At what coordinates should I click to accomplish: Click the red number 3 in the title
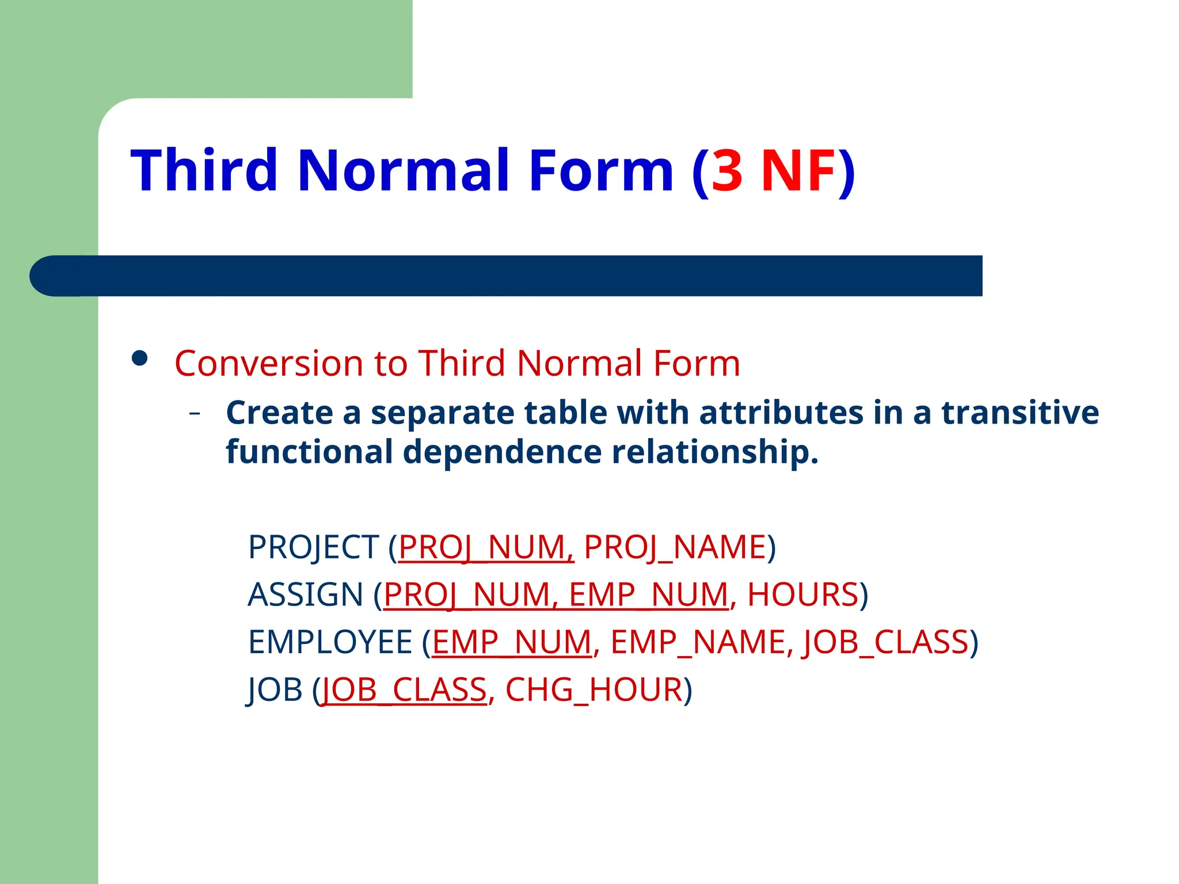[x=727, y=172]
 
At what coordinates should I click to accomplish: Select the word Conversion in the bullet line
[x=269, y=363]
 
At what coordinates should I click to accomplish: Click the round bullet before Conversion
[x=139, y=359]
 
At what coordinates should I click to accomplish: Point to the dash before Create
[x=195, y=413]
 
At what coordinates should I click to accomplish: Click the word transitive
[x=1020, y=413]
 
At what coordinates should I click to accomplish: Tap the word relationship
[x=714, y=451]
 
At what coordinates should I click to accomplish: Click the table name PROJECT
[x=313, y=547]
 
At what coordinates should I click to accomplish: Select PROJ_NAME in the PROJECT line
[x=675, y=547]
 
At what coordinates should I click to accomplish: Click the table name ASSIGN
[x=305, y=595]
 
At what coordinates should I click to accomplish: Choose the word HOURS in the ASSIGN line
[x=803, y=595]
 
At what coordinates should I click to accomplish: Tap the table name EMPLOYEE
[x=330, y=642]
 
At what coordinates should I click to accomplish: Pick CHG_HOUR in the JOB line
[x=594, y=690]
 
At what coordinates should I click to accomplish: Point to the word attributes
[x=781, y=413]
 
